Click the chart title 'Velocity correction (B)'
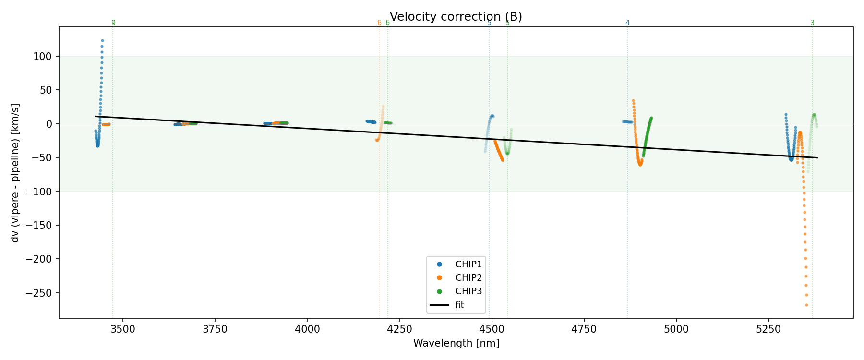(456, 17)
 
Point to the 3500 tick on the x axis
(123, 329)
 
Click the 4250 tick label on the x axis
(399, 329)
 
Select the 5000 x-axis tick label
(676, 329)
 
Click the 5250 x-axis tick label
(768, 329)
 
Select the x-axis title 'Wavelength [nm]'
(456, 343)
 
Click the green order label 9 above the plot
(113, 23)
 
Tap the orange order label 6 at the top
(379, 23)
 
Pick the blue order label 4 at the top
(627, 23)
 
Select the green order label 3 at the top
(812, 23)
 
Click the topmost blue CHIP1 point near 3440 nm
(102, 41)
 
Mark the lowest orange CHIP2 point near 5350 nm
(806, 305)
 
